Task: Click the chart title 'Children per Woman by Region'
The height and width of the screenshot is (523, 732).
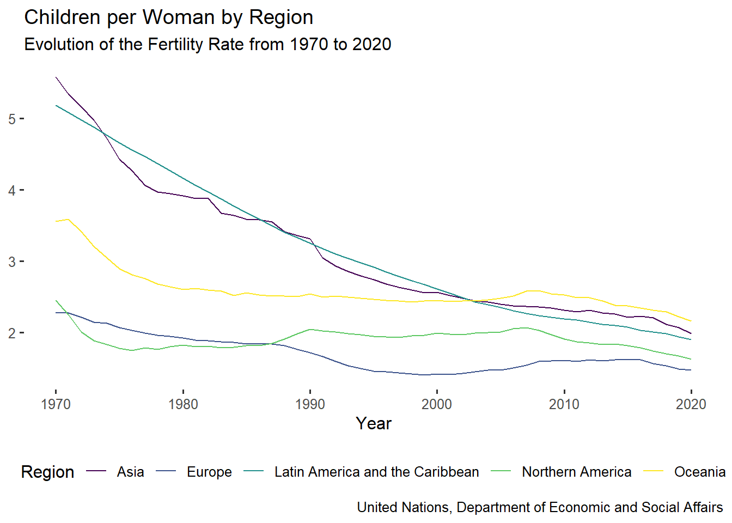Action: pyautogui.click(x=169, y=17)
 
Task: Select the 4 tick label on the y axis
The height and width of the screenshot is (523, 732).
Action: pyautogui.click(x=13, y=190)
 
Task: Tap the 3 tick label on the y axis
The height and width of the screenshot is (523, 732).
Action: pyautogui.click(x=13, y=261)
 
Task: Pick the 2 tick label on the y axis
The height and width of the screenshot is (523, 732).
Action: pyautogui.click(x=13, y=333)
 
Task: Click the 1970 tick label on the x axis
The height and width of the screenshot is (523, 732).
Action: pyautogui.click(x=56, y=404)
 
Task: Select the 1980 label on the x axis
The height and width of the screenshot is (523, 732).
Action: pyautogui.click(x=183, y=404)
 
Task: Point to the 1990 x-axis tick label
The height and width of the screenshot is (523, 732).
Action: pyautogui.click(x=310, y=404)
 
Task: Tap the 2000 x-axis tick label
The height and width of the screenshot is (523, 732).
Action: pyautogui.click(x=437, y=404)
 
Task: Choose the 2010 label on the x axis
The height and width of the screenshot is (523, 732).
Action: pyautogui.click(x=564, y=404)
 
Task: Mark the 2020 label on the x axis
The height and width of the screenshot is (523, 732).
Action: pyautogui.click(x=691, y=404)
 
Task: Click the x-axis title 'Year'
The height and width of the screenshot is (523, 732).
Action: pyautogui.click(x=374, y=423)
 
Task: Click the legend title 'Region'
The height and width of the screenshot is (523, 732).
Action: pyautogui.click(x=47, y=472)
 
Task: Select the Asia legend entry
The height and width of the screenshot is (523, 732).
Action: pyautogui.click(x=130, y=472)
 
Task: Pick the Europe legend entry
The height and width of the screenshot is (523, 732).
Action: pyautogui.click(x=209, y=472)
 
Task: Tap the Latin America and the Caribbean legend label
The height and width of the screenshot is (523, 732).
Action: pyautogui.click(x=376, y=472)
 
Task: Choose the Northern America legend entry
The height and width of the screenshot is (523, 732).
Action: pyautogui.click(x=576, y=472)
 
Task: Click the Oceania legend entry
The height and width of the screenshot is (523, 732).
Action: pyautogui.click(x=699, y=472)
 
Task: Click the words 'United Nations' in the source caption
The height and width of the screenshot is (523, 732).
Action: pyautogui.click(x=404, y=507)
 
